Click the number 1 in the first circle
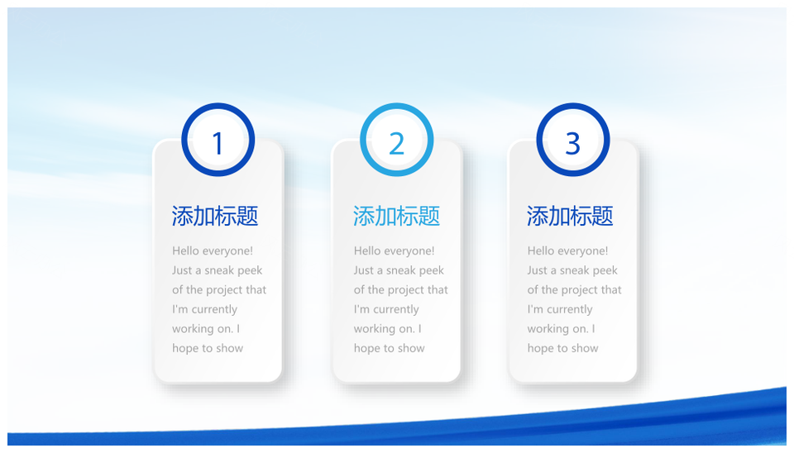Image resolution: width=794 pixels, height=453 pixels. click(x=218, y=143)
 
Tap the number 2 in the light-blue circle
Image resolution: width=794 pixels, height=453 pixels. click(x=396, y=143)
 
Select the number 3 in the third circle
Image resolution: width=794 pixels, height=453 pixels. click(x=572, y=143)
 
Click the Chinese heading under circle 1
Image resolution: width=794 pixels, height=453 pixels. click(x=215, y=216)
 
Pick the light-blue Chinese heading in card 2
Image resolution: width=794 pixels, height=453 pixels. click(x=396, y=216)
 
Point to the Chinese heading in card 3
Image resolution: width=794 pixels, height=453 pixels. click(x=570, y=216)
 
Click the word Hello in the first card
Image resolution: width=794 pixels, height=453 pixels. click(x=185, y=250)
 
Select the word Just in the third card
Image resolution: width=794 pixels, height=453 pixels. click(x=537, y=270)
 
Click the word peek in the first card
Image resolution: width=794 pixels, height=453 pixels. click(x=250, y=271)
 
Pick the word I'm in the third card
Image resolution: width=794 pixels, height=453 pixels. click(x=535, y=309)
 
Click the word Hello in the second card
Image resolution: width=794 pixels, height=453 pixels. click(x=367, y=250)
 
